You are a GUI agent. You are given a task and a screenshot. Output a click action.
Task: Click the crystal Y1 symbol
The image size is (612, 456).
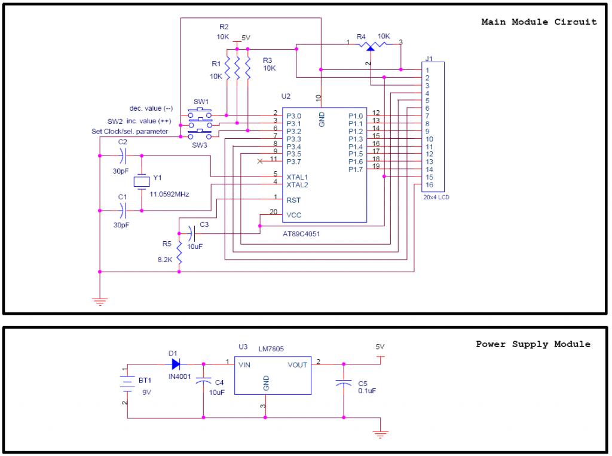coord(142,182)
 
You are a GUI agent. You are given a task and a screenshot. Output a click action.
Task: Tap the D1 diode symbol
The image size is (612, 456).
coord(176,364)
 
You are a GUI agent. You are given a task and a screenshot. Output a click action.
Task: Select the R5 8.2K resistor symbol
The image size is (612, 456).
coord(179,252)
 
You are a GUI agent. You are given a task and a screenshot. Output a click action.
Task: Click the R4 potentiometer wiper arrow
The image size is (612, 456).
coord(370,48)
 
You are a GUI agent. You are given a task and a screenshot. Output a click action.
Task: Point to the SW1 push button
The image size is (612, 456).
coord(200,114)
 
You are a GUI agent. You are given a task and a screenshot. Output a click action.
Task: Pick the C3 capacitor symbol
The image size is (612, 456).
coord(191,233)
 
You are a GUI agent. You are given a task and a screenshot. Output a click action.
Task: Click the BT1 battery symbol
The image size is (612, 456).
coord(127,382)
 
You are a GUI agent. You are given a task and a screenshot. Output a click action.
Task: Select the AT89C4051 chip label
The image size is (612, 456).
coord(301,233)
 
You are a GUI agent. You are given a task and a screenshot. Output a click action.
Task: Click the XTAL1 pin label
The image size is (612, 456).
coord(297,177)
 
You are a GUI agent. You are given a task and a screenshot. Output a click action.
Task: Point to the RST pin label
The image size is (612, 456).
coord(293,200)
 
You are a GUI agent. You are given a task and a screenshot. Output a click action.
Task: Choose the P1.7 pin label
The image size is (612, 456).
coord(356,169)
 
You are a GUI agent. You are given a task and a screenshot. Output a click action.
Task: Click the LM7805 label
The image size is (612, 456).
coord(271,349)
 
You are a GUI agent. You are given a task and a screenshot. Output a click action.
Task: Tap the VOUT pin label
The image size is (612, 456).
coord(298,365)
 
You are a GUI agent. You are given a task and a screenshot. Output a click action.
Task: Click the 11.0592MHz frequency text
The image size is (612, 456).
coord(169,194)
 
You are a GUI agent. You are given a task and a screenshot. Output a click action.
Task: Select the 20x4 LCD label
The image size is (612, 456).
coord(436,197)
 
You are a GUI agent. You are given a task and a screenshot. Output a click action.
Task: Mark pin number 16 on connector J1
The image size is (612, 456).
coord(429,185)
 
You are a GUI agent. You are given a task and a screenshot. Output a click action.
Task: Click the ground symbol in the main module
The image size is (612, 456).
coord(100,301)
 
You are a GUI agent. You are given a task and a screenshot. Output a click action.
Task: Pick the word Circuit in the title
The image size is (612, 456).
coord(576,22)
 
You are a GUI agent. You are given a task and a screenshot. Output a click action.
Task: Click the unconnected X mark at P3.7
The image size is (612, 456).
coord(260,162)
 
